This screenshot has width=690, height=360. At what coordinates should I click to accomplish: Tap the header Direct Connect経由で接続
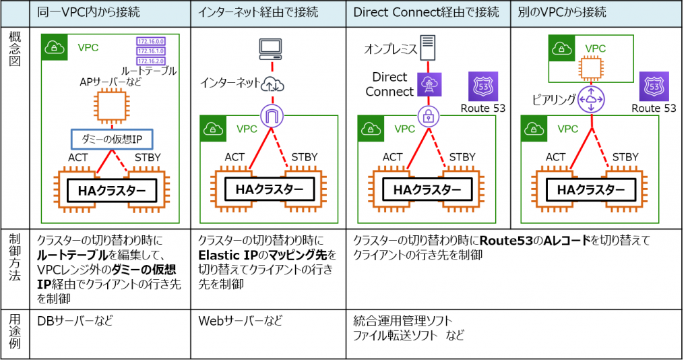coord(427,13)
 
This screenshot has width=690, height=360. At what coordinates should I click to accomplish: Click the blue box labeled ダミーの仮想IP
coord(112,139)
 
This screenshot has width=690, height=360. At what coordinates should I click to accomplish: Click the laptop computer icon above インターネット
coord(272,47)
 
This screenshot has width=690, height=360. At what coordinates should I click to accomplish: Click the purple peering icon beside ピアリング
coord(591,100)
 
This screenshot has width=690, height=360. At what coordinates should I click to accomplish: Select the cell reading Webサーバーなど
coord(241,321)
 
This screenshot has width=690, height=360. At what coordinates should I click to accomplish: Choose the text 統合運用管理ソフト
coord(403,320)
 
